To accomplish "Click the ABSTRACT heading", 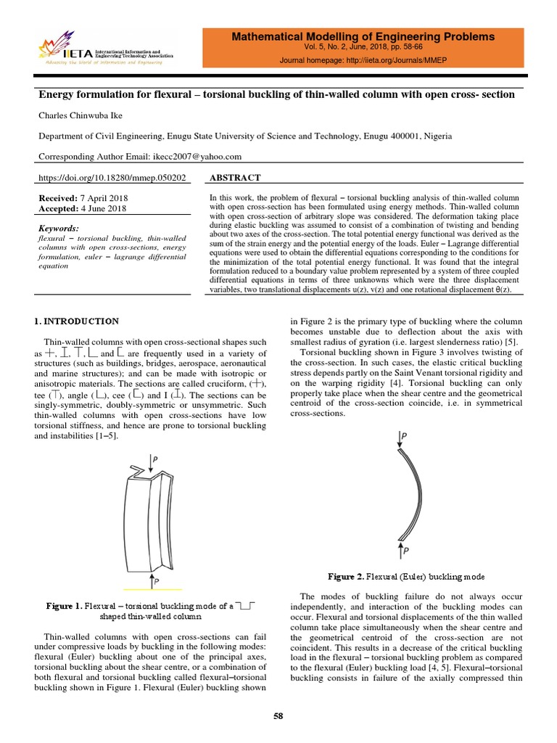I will pyautogui.click(x=235, y=178).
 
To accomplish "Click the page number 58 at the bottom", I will pyautogui.click(x=278, y=716).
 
